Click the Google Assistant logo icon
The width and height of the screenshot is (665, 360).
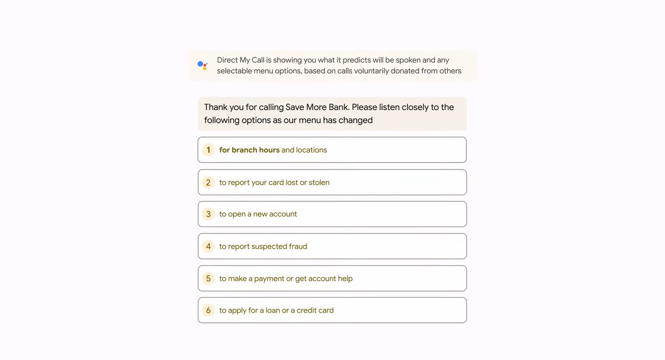click(203, 65)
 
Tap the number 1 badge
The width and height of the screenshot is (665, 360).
click(208, 150)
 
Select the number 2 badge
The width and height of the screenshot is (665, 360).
click(208, 182)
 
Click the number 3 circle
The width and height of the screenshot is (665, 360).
click(208, 214)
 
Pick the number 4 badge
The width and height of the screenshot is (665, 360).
click(208, 246)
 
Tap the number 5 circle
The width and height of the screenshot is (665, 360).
click(208, 279)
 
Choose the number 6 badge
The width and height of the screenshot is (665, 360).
click(208, 310)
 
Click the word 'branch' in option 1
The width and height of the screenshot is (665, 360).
click(244, 150)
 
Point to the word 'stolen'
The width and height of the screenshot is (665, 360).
click(319, 182)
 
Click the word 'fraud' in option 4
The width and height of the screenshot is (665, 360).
click(298, 246)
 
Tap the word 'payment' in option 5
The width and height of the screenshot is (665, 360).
click(269, 279)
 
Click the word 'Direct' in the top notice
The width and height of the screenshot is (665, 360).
click(227, 60)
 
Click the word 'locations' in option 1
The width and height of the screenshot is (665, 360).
click(311, 150)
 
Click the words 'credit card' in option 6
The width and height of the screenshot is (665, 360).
click(315, 310)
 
